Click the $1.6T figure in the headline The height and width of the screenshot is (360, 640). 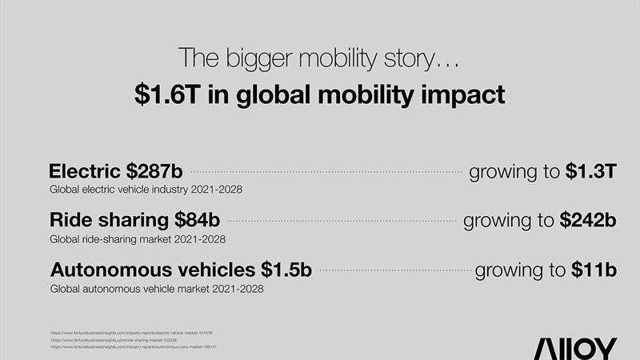point(166,94)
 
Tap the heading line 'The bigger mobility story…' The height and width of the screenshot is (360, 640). point(319,58)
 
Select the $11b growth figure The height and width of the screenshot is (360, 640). point(594,270)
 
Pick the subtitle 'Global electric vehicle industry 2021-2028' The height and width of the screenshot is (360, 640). point(146,190)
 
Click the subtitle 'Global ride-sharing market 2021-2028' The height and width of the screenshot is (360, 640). point(138,239)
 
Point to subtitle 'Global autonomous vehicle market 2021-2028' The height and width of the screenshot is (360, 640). point(157,289)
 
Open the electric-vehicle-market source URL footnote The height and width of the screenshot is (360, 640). point(131,332)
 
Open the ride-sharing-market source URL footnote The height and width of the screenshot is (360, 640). point(124,339)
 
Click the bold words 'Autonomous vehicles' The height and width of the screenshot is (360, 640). point(152,270)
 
